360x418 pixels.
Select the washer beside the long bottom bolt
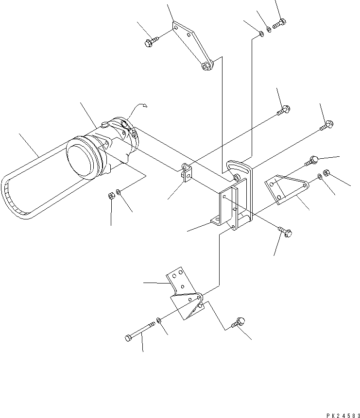tap(159, 321)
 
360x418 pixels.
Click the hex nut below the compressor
tap(111, 196)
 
